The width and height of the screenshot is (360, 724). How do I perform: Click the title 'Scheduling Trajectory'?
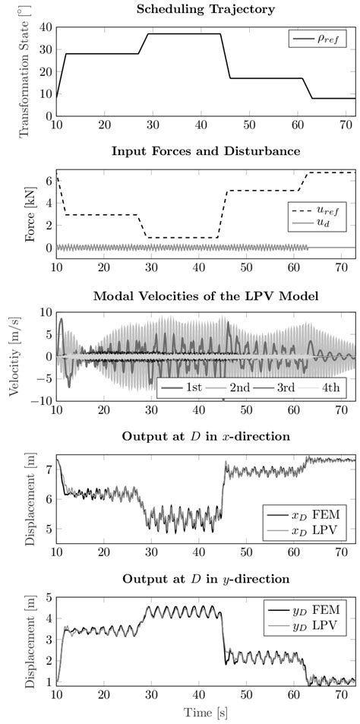(x=206, y=9)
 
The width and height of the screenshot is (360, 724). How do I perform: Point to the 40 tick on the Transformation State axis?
(x=46, y=27)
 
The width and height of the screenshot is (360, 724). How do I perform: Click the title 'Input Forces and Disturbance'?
(x=206, y=151)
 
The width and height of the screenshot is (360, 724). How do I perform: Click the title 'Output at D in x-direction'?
(x=206, y=437)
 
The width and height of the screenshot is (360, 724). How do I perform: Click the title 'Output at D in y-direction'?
(x=206, y=579)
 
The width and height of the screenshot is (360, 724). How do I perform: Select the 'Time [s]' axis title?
(x=206, y=713)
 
